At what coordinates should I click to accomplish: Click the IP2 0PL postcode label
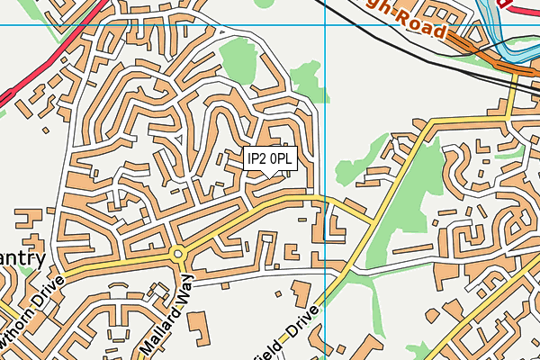coord(270,159)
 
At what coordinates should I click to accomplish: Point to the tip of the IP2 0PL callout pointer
coord(270,176)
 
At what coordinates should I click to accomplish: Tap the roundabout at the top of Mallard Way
coord(177,254)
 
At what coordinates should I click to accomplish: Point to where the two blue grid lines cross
coord(325,24)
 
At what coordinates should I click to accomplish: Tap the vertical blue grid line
coord(325,135)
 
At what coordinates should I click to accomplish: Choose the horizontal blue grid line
coord(135,24)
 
